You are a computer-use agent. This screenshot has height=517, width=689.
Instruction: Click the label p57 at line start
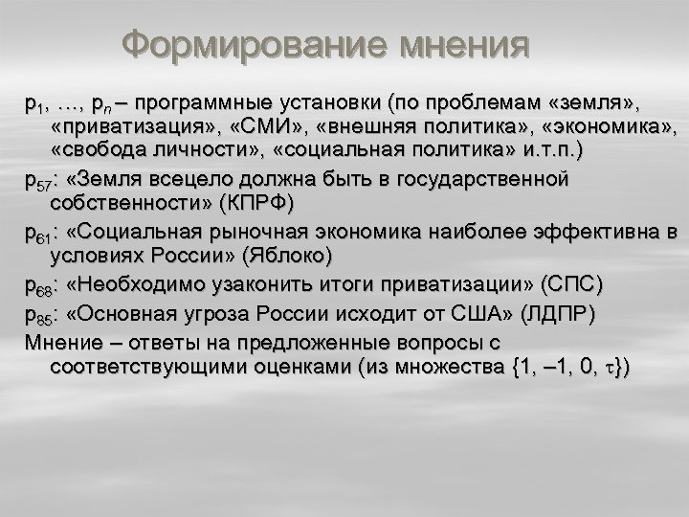coord(41,179)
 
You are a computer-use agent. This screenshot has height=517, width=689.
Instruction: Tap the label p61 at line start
coord(41,232)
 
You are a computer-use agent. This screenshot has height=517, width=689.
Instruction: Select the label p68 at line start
coord(41,284)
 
